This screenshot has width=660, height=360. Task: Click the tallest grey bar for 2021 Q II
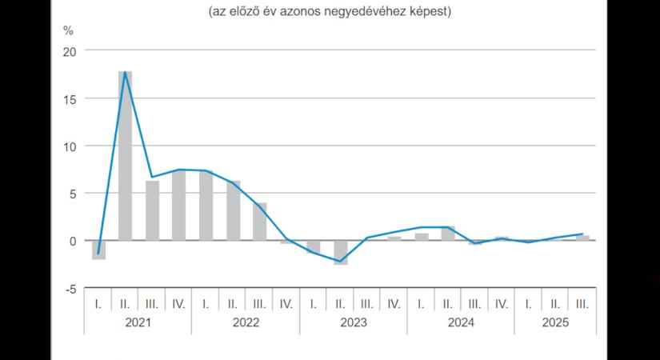click(x=125, y=156)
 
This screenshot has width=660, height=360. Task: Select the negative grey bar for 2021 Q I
click(x=98, y=250)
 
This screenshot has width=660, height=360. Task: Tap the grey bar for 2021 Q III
click(x=152, y=210)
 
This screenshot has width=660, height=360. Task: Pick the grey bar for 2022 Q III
click(x=259, y=222)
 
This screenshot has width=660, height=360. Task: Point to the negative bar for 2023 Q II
click(x=341, y=252)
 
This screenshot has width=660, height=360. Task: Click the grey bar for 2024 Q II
click(x=448, y=233)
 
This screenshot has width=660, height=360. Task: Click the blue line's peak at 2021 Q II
click(x=125, y=72)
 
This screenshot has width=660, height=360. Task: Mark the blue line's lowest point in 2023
click(x=341, y=262)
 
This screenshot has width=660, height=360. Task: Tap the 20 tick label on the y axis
click(x=69, y=51)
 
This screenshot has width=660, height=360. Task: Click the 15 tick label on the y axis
click(x=69, y=98)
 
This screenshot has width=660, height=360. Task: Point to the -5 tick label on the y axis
click(x=70, y=288)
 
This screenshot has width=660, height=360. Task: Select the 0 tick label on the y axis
click(x=73, y=241)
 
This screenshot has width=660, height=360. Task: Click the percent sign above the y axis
click(x=68, y=31)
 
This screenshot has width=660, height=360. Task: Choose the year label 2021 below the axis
click(x=138, y=323)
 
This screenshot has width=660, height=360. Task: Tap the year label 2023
click(x=354, y=323)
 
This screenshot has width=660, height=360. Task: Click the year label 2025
click(x=556, y=323)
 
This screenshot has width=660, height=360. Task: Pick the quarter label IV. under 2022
click(x=286, y=303)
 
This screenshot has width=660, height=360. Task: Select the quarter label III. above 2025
click(x=582, y=303)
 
